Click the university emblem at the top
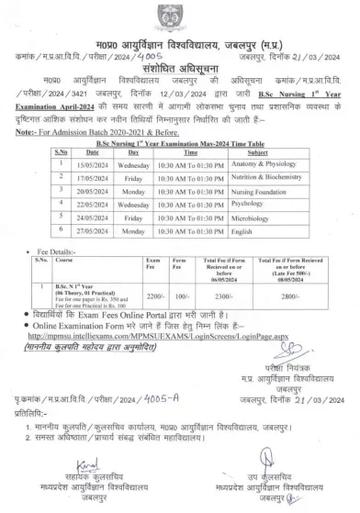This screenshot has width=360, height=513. point(179,14)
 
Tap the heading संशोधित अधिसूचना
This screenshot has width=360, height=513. point(179,79)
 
